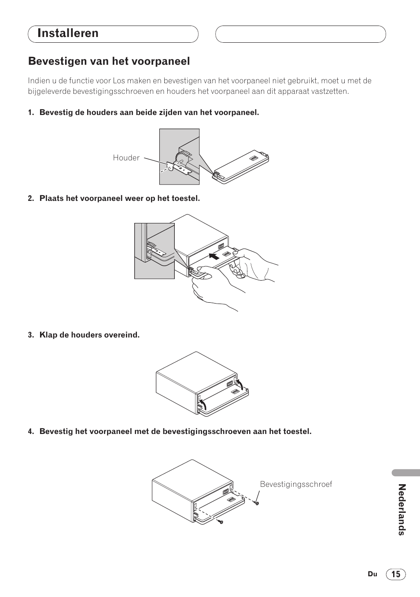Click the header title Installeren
point(68,33)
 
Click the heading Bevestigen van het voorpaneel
point(109,61)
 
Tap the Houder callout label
point(126,158)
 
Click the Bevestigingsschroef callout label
point(296,484)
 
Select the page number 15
point(396,574)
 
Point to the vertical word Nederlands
point(401,509)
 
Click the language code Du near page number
point(372,574)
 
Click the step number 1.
point(30,112)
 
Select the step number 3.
point(30,335)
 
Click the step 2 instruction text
point(119,198)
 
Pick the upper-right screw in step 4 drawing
point(257,503)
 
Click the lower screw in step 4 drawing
point(221,522)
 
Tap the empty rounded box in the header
point(300,34)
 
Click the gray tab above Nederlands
point(405,473)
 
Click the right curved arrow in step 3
point(239,380)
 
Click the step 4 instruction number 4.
point(30,431)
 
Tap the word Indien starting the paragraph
point(39,81)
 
